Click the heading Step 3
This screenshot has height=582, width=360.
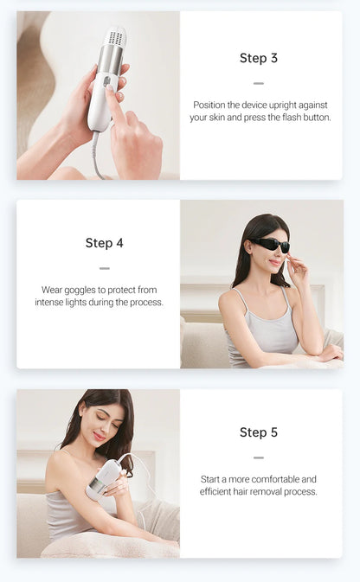[259, 58]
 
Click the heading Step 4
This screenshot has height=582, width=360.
[105, 243]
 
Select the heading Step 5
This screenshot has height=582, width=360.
[259, 432]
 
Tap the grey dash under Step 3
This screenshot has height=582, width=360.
[259, 84]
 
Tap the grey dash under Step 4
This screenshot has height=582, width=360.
[105, 268]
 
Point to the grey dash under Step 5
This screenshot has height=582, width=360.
[259, 457]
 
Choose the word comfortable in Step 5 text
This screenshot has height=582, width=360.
[275, 479]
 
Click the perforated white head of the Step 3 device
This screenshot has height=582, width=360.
[115, 37]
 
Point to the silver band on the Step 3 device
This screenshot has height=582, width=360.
[110, 60]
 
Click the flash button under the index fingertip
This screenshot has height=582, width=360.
[107, 81]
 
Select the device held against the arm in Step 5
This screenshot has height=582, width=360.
[102, 479]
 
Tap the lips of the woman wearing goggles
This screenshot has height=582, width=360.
[274, 262]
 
